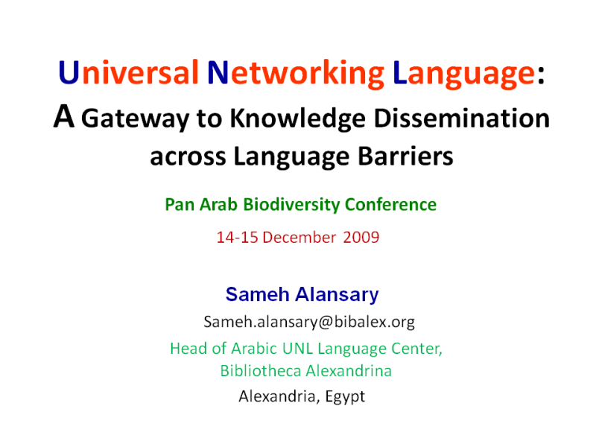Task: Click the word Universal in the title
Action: point(128,72)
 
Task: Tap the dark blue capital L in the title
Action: point(400,72)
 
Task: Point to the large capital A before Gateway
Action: point(64,116)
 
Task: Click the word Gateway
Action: point(136,119)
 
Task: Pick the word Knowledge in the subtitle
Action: point(297,119)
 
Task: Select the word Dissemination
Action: point(462,118)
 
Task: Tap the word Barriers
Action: point(405,156)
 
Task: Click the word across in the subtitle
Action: point(188,157)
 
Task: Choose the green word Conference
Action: point(390,204)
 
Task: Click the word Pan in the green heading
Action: point(180,204)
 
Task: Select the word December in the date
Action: point(299,238)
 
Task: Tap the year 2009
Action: point(361,238)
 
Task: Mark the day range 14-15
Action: point(237,238)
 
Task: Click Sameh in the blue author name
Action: point(257,294)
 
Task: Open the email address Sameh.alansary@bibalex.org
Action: point(309,323)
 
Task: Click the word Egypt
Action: point(345,397)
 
